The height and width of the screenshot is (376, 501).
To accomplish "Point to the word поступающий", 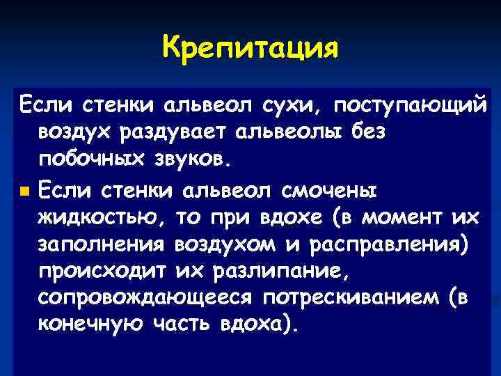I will point(410,107).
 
